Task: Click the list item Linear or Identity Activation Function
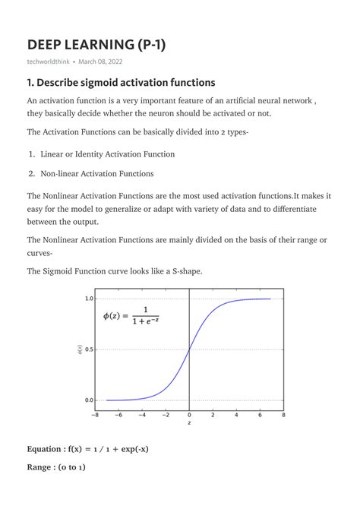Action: click(108, 154)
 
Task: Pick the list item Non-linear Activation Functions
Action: click(97, 173)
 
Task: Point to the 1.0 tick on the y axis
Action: click(89, 299)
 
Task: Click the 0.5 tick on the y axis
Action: click(89, 349)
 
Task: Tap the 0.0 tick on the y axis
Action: click(89, 400)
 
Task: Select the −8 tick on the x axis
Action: click(94, 416)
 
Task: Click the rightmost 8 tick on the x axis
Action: click(283, 416)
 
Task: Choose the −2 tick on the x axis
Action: click(165, 416)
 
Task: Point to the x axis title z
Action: click(189, 424)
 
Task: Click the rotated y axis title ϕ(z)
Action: click(80, 349)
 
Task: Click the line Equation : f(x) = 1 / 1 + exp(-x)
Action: click(88, 448)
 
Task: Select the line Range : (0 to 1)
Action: click(56, 467)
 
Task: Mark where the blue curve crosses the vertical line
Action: click(189, 349)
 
